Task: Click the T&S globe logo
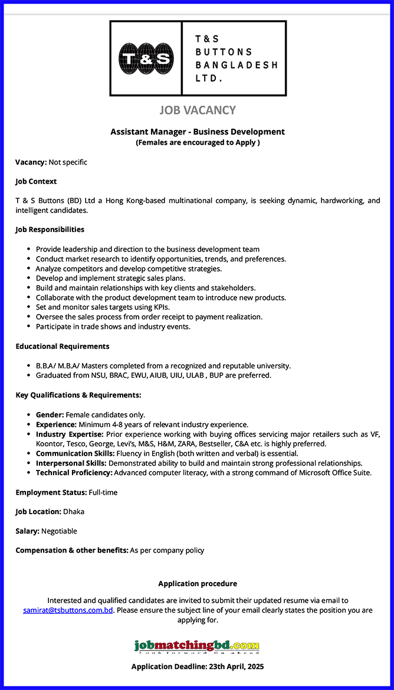click(146, 58)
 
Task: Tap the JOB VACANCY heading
click(198, 110)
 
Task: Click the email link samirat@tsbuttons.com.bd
click(68, 610)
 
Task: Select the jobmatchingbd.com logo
click(197, 646)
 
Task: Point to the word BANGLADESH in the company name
click(236, 65)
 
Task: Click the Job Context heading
click(36, 181)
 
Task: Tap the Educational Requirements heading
click(63, 346)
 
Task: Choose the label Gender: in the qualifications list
click(50, 415)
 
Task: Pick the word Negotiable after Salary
click(59, 531)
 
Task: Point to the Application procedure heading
click(198, 584)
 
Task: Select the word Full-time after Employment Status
click(103, 492)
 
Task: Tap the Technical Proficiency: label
click(74, 473)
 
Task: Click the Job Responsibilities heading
click(50, 229)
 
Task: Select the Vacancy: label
click(31, 162)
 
